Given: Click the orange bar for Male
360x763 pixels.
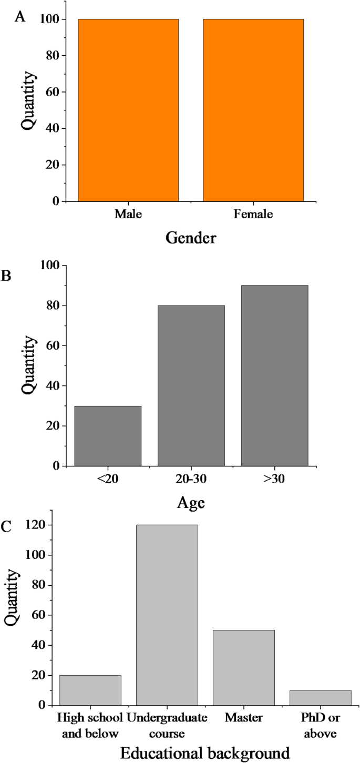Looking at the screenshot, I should point(128,110).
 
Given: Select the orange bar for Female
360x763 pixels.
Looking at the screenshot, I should point(253,110).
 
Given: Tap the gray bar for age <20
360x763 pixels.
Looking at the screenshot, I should point(108,436).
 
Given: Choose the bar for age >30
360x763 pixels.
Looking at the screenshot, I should point(274,375).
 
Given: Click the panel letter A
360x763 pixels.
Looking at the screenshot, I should point(20,17).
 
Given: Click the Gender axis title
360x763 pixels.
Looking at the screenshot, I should point(191,238).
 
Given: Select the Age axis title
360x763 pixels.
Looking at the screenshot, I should point(191,503).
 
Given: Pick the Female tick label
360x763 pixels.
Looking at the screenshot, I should point(254,215).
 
